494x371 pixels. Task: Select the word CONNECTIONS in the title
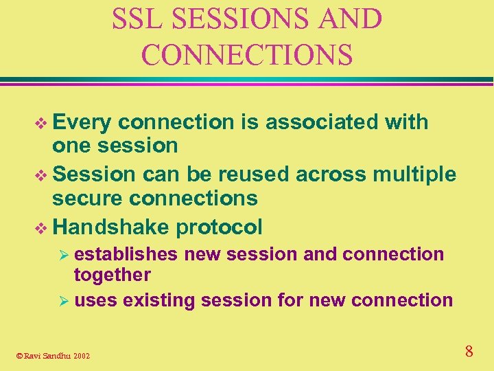[x=246, y=54]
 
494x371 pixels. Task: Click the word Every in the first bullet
[x=82, y=122]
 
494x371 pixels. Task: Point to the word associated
[x=322, y=122]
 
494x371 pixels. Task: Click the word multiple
[x=414, y=175]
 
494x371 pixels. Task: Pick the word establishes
[x=126, y=254]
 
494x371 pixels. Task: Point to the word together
[x=112, y=275]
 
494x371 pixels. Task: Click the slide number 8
[x=469, y=352]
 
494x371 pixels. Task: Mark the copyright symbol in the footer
[x=19, y=355]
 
